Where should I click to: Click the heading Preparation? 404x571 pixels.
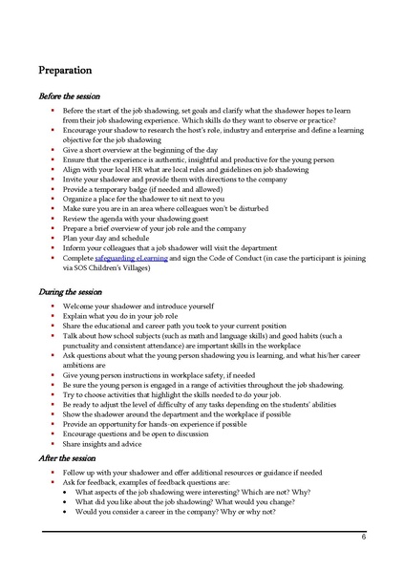click(65, 70)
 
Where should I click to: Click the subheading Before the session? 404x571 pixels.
click(69, 95)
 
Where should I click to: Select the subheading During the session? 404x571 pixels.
click(69, 291)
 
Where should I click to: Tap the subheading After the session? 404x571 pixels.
click(66, 457)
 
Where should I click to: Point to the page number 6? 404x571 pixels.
click(364, 538)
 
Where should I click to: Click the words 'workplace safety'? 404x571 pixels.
click(206, 374)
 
